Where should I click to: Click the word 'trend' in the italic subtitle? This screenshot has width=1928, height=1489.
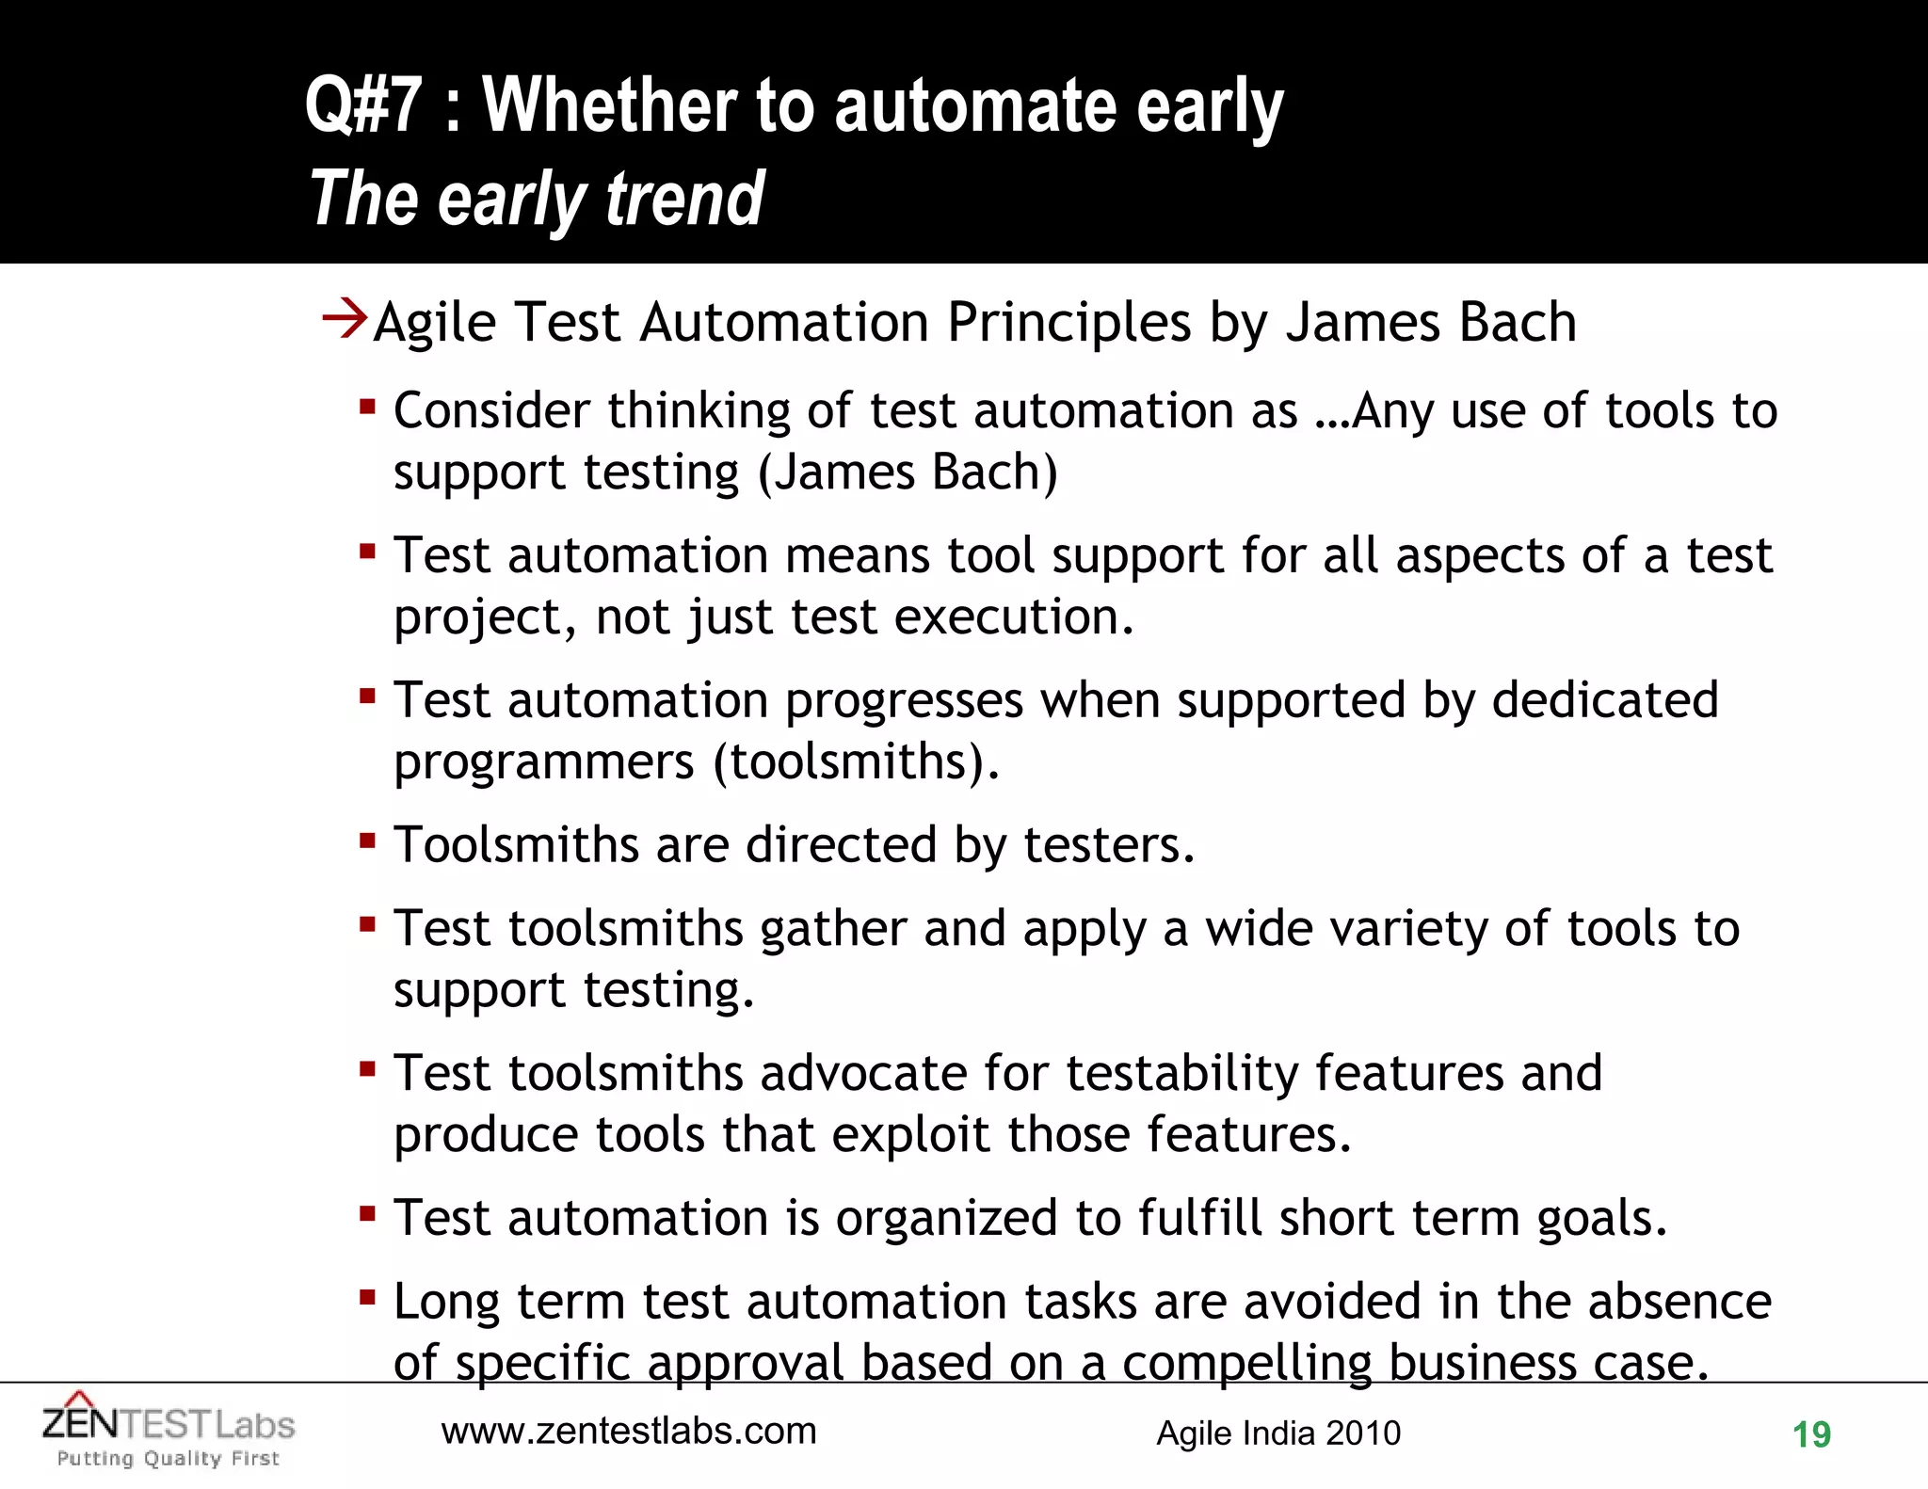pos(684,200)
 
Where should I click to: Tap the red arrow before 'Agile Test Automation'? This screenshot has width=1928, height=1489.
pos(344,318)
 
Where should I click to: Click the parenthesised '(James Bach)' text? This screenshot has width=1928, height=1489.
pos(908,472)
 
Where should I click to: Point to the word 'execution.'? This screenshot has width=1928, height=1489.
pos(1014,617)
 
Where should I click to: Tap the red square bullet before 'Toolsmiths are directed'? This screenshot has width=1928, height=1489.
pos(367,838)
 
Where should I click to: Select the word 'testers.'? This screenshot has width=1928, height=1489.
pos(1109,844)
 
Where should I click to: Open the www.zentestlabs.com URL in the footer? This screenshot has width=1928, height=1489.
pos(629,1432)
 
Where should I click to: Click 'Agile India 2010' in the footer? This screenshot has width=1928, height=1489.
pos(1277,1433)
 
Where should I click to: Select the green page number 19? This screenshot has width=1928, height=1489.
pos(1810,1435)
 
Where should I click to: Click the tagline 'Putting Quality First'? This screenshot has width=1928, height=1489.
pos(169,1459)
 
